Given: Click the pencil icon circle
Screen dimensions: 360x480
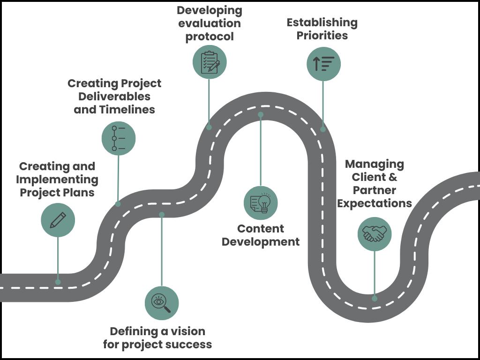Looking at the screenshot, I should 58,220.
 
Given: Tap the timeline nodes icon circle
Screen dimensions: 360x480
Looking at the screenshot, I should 119,138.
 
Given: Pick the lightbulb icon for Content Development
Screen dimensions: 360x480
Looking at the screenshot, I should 261,203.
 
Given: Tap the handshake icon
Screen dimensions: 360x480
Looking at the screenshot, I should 375,233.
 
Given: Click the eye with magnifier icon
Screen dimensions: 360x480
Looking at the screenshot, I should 162,302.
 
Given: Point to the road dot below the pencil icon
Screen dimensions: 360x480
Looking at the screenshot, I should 58,282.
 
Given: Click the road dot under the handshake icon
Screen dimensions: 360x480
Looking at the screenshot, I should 375,298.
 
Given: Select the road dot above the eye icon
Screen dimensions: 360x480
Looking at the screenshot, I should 162,215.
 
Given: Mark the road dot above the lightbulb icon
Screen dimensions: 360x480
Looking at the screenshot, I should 261,114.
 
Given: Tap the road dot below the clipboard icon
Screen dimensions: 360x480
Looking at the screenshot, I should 209,127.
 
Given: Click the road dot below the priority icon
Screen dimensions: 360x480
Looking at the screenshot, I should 323,129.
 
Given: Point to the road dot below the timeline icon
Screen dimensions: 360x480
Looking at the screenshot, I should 118,204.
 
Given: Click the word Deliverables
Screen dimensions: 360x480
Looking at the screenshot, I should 114,97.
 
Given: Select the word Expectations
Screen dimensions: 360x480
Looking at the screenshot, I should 375,203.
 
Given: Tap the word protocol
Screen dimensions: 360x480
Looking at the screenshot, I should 210,37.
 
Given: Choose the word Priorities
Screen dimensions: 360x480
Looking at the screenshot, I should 322,35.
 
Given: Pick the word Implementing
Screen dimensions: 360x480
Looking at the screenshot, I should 57,180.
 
